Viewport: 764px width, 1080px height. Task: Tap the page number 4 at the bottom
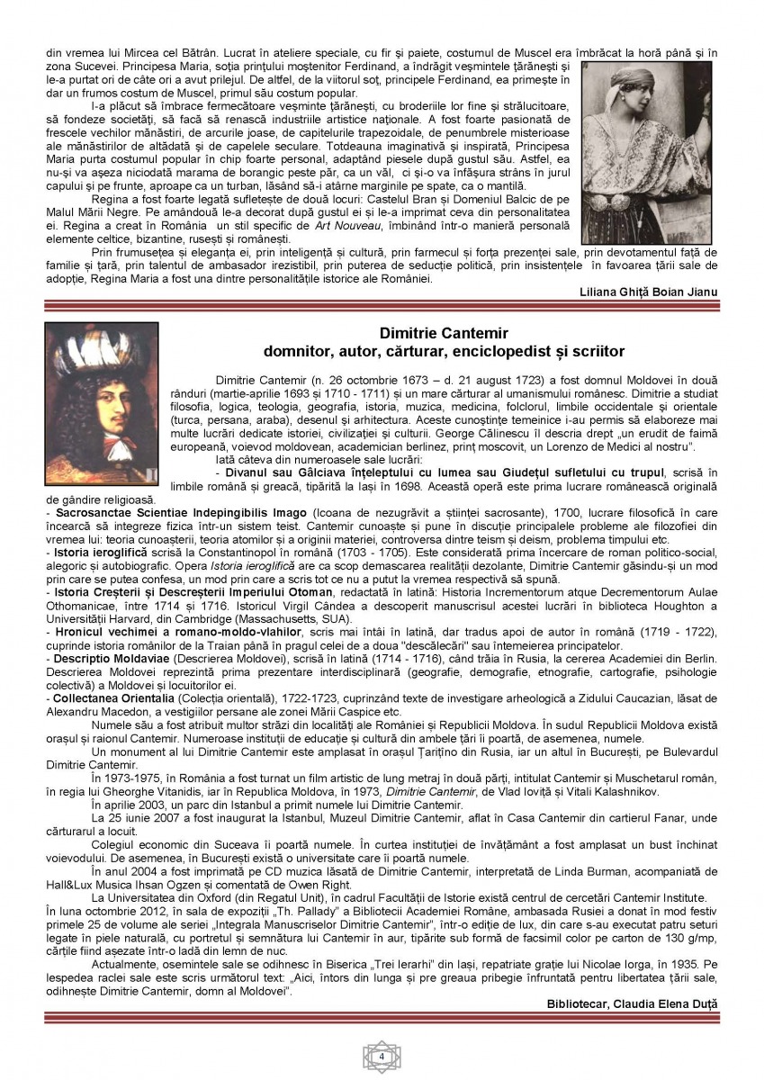(x=382, y=1056)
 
